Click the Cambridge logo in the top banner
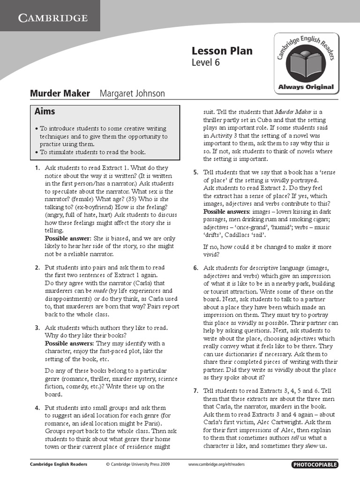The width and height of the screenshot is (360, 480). coord(52,18)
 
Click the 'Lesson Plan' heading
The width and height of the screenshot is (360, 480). coord(222,51)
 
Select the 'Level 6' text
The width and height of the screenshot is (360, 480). coord(205,62)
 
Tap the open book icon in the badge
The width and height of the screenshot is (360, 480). coord(305,64)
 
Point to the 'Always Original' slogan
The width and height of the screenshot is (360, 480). coord(306,87)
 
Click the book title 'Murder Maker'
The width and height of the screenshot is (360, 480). coord(60,93)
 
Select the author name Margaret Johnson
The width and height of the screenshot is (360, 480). coord(132,93)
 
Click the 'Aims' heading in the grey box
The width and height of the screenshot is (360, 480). coord(45,112)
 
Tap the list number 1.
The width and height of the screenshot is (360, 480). coord(37,168)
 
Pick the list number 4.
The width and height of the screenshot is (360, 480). coord(37,408)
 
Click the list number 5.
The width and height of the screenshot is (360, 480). coord(195,172)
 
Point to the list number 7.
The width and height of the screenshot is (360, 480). coord(195,391)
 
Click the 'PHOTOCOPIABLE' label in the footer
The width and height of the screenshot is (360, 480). coord(315,465)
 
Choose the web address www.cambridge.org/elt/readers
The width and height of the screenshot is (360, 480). coord(216,465)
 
